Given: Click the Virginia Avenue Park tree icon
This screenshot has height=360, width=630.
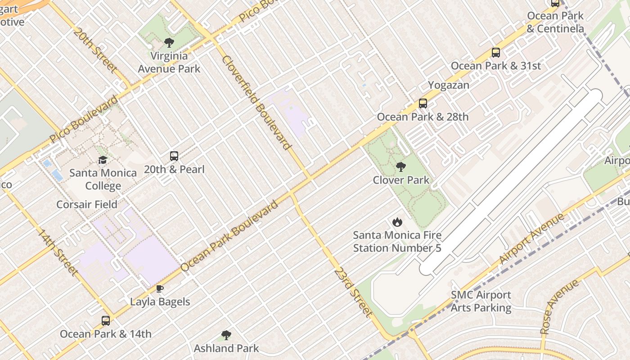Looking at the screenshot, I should [169, 43].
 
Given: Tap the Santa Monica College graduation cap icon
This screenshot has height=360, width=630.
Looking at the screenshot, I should [103, 160].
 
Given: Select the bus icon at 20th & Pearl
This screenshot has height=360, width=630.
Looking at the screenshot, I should [174, 156].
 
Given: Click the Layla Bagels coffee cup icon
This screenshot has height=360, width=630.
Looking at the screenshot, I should [160, 288].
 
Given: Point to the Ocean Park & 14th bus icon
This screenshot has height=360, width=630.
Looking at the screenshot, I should [106, 320].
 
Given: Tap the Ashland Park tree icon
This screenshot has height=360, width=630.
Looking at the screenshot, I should [226, 335].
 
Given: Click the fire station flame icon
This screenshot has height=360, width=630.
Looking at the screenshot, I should [397, 222].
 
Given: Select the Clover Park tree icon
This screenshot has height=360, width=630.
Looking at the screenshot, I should [400, 167].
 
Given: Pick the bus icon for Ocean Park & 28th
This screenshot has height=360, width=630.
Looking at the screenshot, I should [423, 103].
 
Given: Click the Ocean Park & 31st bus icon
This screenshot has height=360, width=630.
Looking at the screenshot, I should [496, 53].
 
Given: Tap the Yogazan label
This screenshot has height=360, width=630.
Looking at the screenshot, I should [448, 85].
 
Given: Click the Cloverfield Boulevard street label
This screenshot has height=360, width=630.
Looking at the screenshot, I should [256, 103].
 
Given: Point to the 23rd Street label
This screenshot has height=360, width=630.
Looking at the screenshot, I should [354, 292].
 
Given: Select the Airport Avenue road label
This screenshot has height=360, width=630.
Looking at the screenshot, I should [531, 239].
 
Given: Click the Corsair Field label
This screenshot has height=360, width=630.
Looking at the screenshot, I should [87, 204].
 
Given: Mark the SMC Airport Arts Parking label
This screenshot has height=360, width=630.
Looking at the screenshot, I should [481, 301].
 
